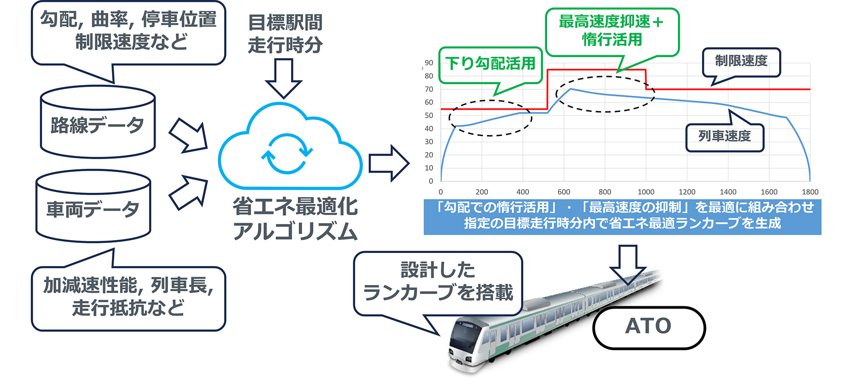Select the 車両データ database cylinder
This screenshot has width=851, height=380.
point(93,208)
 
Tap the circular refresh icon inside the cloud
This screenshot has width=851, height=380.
point(287,154)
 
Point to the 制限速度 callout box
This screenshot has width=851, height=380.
point(741,62)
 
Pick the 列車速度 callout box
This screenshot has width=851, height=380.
point(724,137)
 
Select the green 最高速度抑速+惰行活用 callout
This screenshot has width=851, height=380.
point(612,31)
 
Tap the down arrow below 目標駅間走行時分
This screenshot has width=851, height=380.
point(284,78)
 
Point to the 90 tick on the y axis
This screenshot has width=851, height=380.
point(429,63)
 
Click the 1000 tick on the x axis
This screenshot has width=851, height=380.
point(646,192)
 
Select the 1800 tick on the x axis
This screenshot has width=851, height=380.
point(810,192)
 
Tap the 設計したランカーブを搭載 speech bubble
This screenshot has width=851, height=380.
point(438,283)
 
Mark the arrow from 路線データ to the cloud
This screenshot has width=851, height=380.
point(189,136)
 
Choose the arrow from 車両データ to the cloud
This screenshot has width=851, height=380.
point(189,191)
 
